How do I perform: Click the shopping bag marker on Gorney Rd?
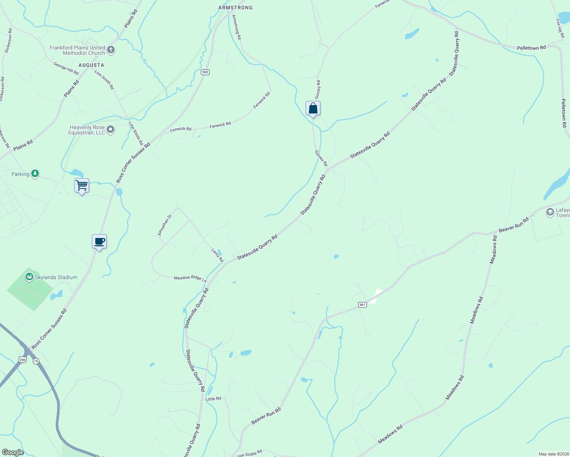(x=313, y=109)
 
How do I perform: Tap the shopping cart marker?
(x=82, y=186)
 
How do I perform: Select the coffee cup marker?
(x=99, y=241)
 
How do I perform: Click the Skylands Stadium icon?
(x=29, y=277)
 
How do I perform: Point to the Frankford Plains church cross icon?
(x=111, y=50)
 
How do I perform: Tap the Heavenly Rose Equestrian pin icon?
(x=110, y=130)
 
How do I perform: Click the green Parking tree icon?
(x=35, y=174)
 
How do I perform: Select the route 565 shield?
(x=205, y=72)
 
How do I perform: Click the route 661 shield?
(x=362, y=305)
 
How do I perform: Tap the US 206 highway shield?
(x=23, y=360)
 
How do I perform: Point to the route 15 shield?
(x=36, y=361)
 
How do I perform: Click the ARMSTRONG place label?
(x=235, y=8)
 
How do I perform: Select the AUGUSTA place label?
(x=91, y=65)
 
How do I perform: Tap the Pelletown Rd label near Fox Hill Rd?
(x=531, y=48)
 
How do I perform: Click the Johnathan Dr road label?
(x=165, y=225)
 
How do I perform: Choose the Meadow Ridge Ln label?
(x=190, y=278)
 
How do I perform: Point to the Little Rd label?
(x=213, y=399)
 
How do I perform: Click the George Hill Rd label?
(x=66, y=69)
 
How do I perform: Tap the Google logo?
(x=13, y=452)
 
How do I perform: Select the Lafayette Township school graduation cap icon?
(x=550, y=212)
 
